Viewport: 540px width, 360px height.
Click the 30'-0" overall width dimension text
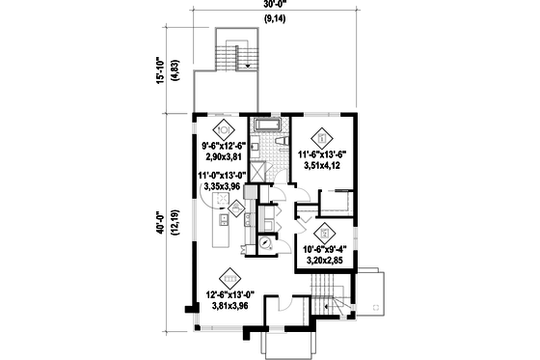(x=274, y=5)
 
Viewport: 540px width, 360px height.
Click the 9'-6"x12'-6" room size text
(x=224, y=146)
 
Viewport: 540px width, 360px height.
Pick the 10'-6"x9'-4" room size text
(x=325, y=249)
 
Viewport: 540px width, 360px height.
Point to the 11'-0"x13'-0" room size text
(x=223, y=176)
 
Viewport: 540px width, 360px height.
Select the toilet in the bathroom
(x=280, y=143)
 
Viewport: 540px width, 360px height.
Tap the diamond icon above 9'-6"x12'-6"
(x=224, y=127)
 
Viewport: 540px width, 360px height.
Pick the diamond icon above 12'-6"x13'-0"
(x=229, y=277)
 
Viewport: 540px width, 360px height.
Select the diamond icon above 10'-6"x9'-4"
(x=325, y=231)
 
